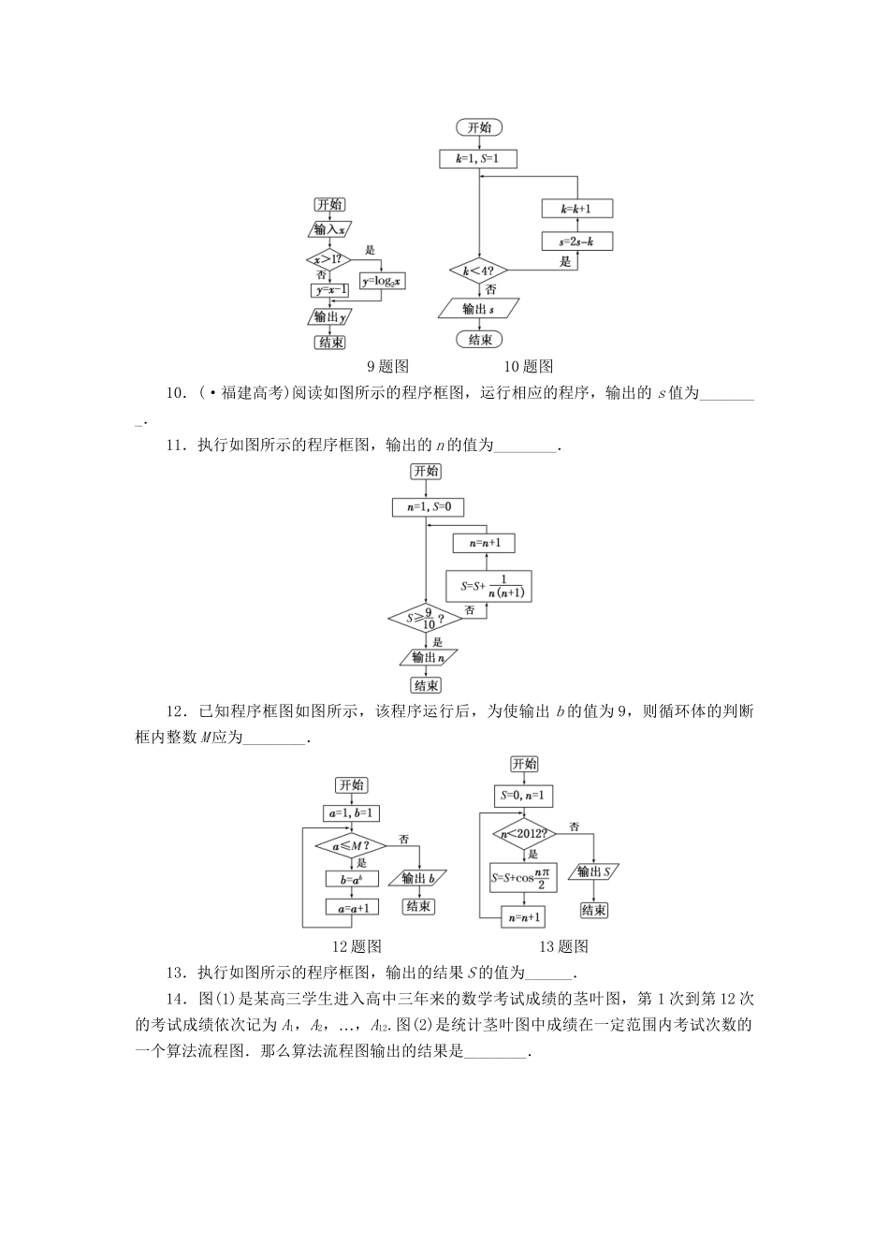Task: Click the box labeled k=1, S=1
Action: click(477, 159)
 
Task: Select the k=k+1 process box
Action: click(577, 209)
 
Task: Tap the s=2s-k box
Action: click(577, 241)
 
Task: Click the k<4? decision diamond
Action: click(478, 272)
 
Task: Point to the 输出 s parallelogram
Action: click(478, 308)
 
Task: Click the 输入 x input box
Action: click(329, 229)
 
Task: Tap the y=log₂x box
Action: click(382, 281)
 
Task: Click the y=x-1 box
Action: click(329, 290)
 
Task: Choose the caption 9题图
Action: click(387, 367)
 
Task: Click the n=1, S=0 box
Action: click(428, 507)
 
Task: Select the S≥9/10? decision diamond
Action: click(426, 619)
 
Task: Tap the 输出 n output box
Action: click(427, 658)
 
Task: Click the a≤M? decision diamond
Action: click(351, 846)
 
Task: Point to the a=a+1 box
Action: click(351, 907)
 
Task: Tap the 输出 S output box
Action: click(595, 872)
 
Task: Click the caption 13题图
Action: click(564, 946)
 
